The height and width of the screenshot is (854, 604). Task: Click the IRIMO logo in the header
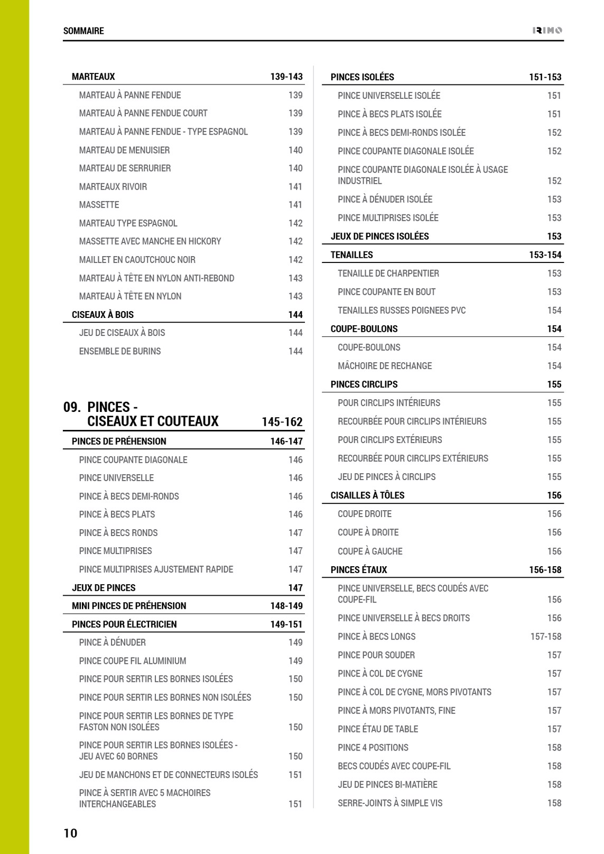coord(547,31)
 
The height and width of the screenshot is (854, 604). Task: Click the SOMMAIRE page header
coord(83,31)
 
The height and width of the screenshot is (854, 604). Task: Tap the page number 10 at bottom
coord(70,833)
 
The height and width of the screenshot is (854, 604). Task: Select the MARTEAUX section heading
coord(94,77)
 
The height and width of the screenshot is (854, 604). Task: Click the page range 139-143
coord(286,77)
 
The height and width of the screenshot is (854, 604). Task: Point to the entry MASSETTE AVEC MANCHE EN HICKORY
coord(150,241)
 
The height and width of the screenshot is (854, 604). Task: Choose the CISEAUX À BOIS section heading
coord(103,315)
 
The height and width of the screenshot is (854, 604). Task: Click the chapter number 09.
coord(72,407)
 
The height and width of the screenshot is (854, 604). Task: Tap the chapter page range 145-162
coord(282,422)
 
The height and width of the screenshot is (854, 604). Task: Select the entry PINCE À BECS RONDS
coord(118,533)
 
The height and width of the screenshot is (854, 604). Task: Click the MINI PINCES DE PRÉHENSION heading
coord(129,606)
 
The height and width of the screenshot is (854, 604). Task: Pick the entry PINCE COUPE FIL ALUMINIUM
coord(133,661)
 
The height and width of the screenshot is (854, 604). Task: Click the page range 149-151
coord(286,624)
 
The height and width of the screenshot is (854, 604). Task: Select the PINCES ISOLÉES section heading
coord(363,77)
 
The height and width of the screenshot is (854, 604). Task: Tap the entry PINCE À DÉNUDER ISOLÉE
coord(385,199)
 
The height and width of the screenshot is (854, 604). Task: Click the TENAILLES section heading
coord(352,255)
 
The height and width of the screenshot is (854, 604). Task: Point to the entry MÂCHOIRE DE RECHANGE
coord(385,365)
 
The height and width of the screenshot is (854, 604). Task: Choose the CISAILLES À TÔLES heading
coord(367,495)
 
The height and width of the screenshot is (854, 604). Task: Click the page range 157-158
coord(546,636)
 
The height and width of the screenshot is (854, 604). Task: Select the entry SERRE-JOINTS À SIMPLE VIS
coord(390,803)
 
